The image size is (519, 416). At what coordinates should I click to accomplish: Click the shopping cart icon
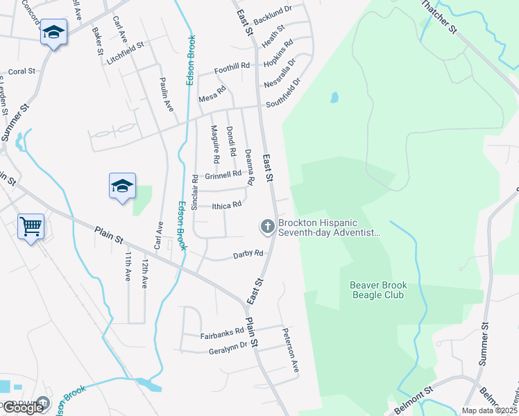click(x=31, y=226)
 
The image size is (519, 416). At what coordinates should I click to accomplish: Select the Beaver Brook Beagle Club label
click(x=377, y=290)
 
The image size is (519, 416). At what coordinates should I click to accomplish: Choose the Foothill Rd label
click(x=232, y=67)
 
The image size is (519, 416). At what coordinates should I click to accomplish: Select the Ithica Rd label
click(x=226, y=205)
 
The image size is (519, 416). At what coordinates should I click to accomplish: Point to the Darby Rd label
click(x=248, y=254)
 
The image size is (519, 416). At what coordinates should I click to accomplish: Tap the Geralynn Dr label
click(x=228, y=352)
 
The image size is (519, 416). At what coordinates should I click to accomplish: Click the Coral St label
click(x=22, y=71)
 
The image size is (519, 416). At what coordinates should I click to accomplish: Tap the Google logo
click(x=23, y=408)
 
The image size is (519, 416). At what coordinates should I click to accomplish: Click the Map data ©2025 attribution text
click(x=489, y=410)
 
